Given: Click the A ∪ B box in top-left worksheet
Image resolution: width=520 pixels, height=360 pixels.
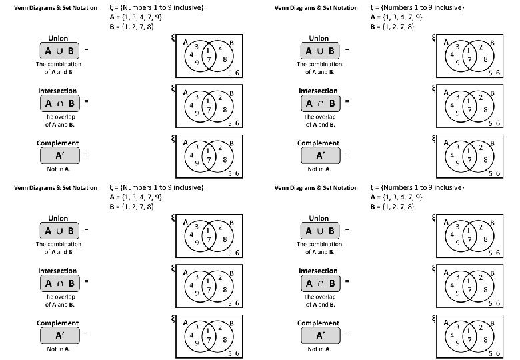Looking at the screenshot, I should click(x=59, y=51).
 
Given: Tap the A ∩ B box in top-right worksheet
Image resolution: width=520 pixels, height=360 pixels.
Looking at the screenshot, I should click(x=320, y=103).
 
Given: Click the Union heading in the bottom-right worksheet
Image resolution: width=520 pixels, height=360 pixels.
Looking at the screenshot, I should click(x=319, y=219).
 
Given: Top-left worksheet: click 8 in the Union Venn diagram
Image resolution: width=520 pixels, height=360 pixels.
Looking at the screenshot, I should click(x=225, y=59).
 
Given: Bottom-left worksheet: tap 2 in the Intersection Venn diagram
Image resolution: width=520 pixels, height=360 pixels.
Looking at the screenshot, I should click(x=220, y=277).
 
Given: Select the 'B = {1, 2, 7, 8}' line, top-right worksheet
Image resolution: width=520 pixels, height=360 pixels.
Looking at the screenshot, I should click(x=392, y=27).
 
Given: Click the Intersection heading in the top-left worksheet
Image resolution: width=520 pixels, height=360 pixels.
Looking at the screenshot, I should click(x=58, y=91).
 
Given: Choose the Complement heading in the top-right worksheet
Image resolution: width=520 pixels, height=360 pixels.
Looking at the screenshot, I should click(x=319, y=143).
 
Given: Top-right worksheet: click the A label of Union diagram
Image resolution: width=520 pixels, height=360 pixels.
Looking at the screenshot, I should click(x=445, y=41).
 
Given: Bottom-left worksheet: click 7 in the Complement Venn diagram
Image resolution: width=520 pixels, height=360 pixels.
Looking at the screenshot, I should click(x=208, y=340).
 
